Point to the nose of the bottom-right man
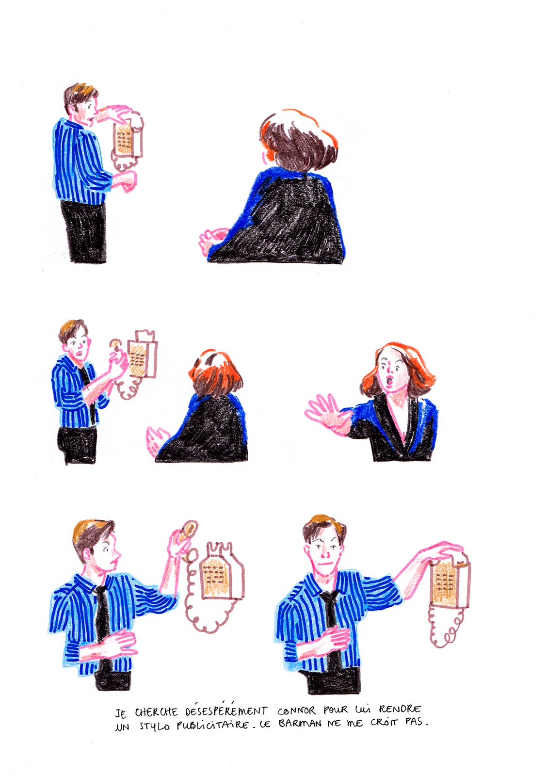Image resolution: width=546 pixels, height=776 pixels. tap(324, 554)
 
